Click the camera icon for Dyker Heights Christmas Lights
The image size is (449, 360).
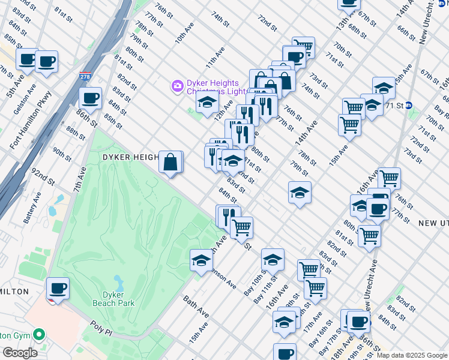click(177, 86)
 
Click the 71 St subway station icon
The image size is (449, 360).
click(409, 105)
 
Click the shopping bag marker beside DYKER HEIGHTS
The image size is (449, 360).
click(170, 162)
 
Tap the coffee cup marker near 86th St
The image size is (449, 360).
click(90, 98)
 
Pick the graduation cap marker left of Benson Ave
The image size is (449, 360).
click(201, 260)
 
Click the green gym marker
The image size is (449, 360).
click(39, 334)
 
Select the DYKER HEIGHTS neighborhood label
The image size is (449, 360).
click(130, 157)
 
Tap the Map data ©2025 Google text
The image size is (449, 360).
click(412, 355)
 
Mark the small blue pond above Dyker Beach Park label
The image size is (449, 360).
click(118, 281)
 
